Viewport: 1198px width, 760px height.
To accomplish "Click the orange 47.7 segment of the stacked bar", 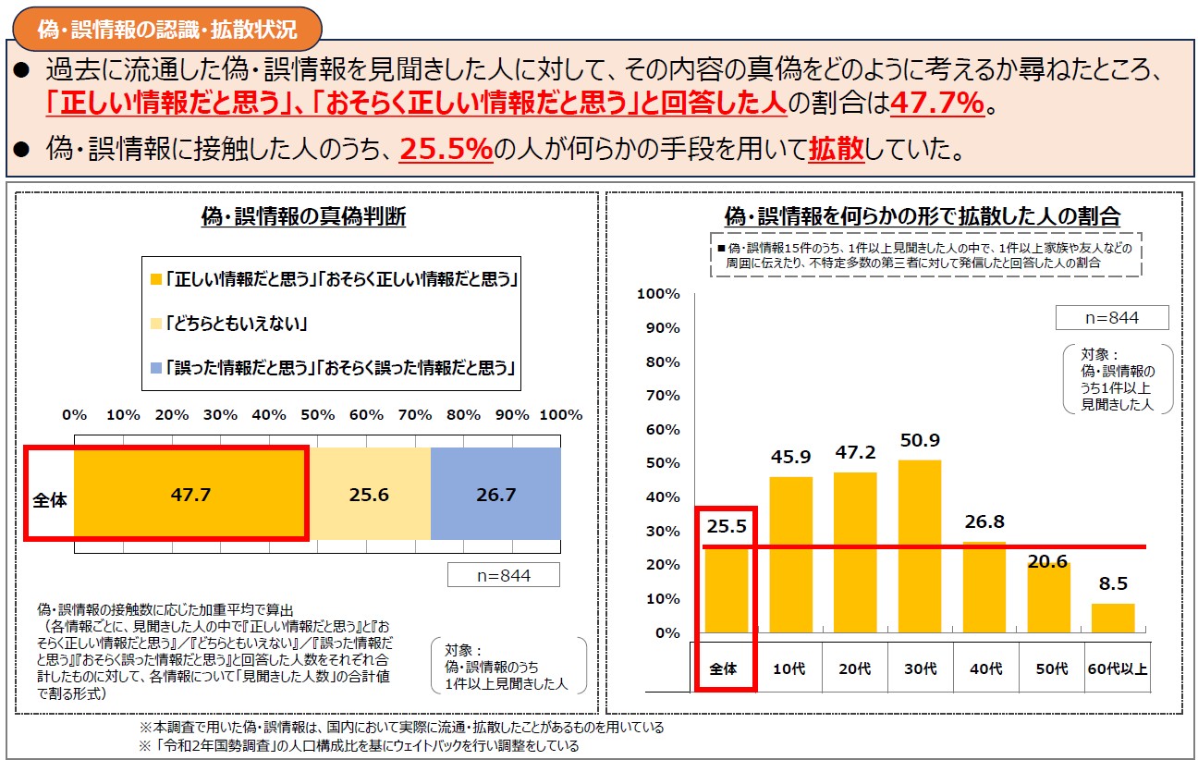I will pos(190,495).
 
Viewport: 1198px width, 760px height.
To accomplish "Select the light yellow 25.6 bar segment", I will pos(369,495).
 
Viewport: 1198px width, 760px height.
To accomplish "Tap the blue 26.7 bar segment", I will pos(495,495).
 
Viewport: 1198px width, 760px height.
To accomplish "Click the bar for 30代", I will pos(919,545).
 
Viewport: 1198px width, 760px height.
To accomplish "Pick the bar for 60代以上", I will pos(1113,618).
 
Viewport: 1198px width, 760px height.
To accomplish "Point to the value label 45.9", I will pos(791,456).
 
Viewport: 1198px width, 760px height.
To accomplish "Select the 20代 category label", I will pos(855,668).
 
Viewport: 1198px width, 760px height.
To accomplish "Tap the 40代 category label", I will pos(984,668).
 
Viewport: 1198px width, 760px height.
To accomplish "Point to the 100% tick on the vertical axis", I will pos(659,294).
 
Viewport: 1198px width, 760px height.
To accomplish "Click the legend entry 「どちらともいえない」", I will pos(237,324).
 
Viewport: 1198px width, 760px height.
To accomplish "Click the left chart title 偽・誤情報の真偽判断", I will pos(303,217).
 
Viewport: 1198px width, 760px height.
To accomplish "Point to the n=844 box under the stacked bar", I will pos(503,575).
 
